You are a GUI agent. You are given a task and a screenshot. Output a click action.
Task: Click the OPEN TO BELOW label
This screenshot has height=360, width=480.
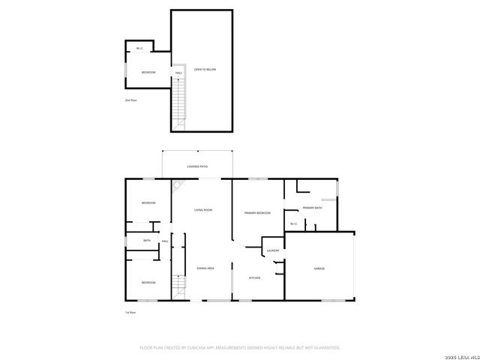point(205,69)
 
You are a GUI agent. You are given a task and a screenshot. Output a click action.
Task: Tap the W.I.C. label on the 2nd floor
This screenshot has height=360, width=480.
point(139,49)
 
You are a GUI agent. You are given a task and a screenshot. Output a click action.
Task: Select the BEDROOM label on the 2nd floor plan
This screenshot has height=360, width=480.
point(148,72)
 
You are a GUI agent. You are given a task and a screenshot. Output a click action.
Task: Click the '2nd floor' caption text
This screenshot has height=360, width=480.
point(130,99)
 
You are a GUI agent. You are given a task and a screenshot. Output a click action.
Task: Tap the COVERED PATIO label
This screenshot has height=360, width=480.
point(197,166)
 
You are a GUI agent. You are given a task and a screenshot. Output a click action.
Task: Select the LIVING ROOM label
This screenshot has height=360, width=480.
point(203,210)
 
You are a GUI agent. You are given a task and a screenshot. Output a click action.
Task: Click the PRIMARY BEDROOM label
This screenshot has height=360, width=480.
point(257,213)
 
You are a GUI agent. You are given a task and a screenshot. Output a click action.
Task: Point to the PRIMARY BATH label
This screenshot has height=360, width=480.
point(313,208)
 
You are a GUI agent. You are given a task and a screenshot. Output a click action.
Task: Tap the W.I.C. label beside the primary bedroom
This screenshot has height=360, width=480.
point(294,223)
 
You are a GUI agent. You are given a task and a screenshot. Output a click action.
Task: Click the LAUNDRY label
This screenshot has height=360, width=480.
point(273,250)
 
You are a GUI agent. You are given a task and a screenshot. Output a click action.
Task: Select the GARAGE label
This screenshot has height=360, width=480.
point(319,268)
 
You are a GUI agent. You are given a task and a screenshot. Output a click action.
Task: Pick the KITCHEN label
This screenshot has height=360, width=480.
point(254,278)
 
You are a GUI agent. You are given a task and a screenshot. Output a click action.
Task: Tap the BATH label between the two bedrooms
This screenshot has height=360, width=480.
point(147,241)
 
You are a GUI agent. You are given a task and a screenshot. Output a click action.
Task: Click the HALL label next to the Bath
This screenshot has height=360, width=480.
point(164,241)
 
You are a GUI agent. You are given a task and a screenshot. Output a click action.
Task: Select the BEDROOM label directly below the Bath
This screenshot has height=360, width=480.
point(148,282)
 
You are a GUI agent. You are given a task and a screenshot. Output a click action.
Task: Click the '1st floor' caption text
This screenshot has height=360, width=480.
point(130,312)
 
